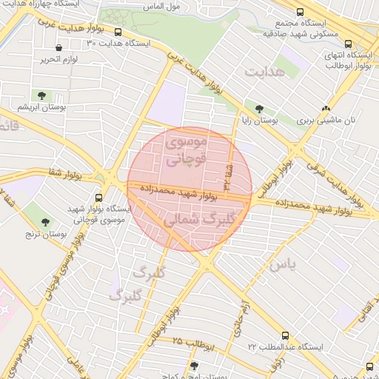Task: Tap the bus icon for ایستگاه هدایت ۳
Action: [x=118, y=32]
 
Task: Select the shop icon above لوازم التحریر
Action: [x=58, y=47]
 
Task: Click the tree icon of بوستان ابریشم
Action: [x=41, y=95]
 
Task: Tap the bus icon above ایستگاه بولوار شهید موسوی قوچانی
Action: [x=99, y=198]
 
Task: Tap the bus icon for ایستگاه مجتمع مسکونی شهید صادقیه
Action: [x=299, y=13]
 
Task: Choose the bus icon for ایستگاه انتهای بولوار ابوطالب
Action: [x=349, y=44]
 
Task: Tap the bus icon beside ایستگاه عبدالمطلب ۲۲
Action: [x=286, y=335]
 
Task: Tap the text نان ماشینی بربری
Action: [x=327, y=121]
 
